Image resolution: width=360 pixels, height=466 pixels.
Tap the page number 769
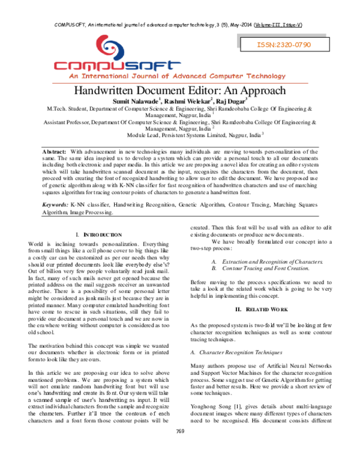pyautogui.click(x=179, y=448)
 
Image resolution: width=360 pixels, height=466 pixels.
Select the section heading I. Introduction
pyautogui.click(x=97, y=233)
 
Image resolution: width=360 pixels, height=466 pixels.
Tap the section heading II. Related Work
pyautogui.click(x=261, y=308)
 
